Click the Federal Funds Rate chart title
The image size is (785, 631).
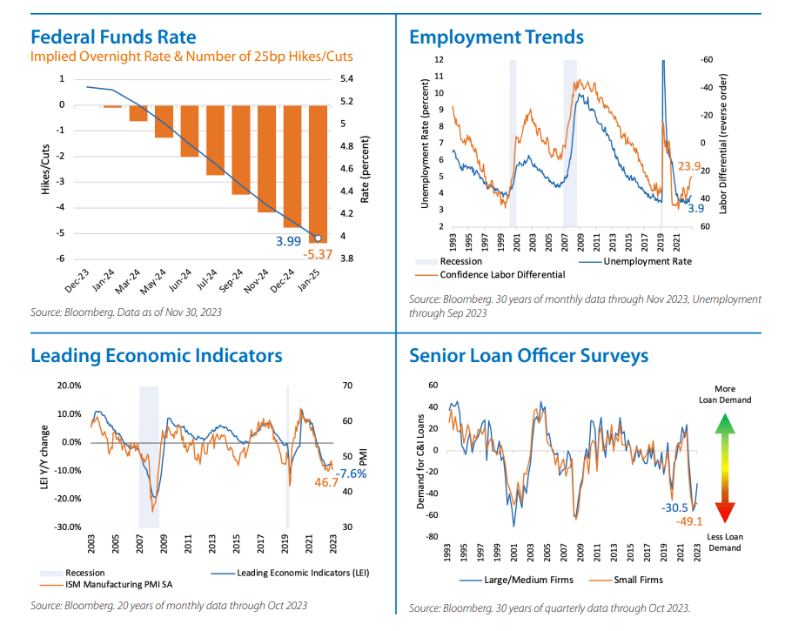[x=113, y=37]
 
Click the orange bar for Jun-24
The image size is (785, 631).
[x=190, y=131]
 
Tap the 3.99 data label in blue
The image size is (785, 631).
[x=290, y=240]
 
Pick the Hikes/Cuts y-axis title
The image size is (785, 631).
[x=45, y=170]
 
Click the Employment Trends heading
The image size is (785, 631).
[x=496, y=37]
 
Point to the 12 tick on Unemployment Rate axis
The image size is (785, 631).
[x=439, y=60]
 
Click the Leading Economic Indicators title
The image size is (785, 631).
[x=156, y=355]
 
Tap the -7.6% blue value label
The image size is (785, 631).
[x=351, y=473]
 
